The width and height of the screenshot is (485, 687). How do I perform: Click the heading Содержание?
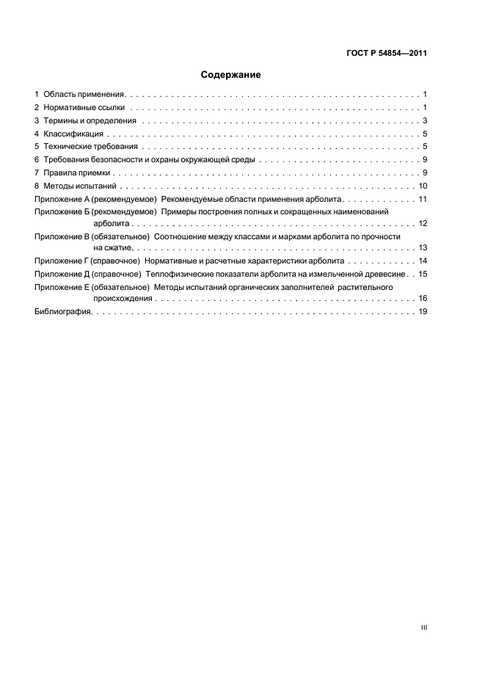pyautogui.click(x=231, y=74)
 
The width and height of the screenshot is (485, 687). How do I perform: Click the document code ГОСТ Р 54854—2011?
pyautogui.click(x=387, y=53)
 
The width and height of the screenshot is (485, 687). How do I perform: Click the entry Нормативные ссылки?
pyautogui.click(x=79, y=108)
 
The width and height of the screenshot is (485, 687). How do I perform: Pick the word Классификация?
pyautogui.click(x=73, y=134)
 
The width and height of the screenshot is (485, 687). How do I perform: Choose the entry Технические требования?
pyautogui.click(x=90, y=148)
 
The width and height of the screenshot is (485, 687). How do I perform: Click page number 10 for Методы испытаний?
pyautogui.click(x=423, y=186)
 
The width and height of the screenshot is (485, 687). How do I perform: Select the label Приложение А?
pyautogui.click(x=62, y=200)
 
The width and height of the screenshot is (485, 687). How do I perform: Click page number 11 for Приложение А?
pyautogui.click(x=423, y=200)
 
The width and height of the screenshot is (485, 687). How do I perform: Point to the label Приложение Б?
pyautogui.click(x=62, y=211)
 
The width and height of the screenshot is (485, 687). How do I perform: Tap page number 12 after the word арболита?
pyautogui.click(x=423, y=223)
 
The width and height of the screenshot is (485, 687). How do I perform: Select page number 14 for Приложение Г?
pyautogui.click(x=423, y=261)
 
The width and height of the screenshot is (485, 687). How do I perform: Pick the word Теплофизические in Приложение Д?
pyautogui.click(x=180, y=273)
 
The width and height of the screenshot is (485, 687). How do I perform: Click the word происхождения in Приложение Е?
pyautogui.click(x=123, y=299)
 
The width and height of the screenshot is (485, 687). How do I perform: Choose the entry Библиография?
pyautogui.click(x=62, y=312)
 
